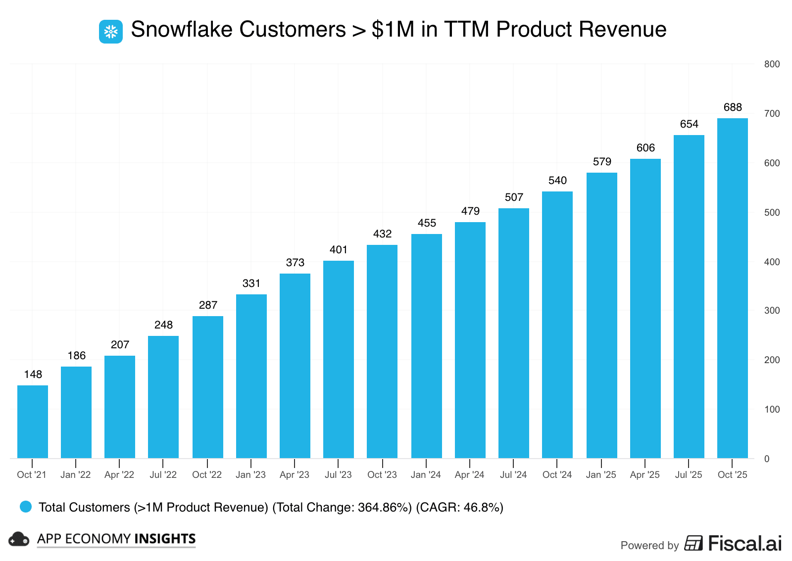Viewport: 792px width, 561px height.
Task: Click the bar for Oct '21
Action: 33,421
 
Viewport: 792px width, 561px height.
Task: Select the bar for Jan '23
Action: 251,376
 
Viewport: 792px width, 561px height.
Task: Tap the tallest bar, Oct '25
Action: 732,288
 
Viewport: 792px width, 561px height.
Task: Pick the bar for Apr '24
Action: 470,340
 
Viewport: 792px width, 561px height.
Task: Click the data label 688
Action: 733,107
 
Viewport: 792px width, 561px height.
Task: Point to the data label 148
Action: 33,374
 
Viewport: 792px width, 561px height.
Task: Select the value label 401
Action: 339,250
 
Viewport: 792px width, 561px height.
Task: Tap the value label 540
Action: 557,181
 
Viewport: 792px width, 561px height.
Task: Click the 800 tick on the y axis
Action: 772,64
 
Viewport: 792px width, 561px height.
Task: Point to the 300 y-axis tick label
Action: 772,311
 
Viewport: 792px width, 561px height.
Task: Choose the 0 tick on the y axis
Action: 767,459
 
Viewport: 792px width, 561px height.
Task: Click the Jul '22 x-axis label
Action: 163,475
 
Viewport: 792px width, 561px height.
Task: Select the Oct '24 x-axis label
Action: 557,475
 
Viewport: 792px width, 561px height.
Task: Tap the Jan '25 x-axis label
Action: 601,475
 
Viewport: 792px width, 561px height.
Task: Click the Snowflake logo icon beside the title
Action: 111,32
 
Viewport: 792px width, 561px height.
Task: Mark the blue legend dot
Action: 26,507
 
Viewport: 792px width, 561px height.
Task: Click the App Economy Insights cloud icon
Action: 19,539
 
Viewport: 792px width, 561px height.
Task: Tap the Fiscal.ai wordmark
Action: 744,543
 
